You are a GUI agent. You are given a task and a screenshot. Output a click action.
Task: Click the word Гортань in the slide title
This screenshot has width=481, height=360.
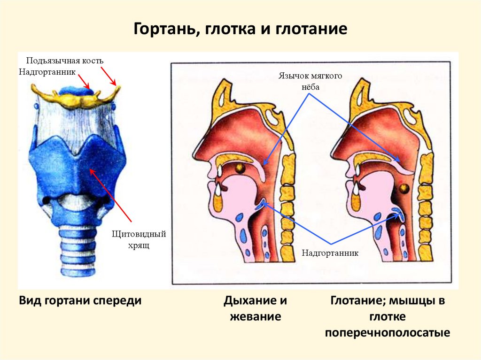(162, 30)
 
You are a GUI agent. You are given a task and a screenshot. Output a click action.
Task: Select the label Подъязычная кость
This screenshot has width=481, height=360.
(64, 61)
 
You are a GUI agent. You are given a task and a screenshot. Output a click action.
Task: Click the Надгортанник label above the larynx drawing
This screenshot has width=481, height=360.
(47, 71)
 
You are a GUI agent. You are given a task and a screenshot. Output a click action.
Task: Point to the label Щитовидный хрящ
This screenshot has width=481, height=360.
(140, 239)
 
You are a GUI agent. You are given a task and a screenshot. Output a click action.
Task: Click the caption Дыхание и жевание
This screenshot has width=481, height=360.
(255, 308)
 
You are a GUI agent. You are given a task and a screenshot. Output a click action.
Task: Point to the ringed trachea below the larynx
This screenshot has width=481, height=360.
(78, 249)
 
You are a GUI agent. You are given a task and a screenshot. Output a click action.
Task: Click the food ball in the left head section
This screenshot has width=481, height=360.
(240, 167)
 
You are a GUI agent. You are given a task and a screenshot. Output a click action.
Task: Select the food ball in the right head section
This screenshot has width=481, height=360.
(403, 189)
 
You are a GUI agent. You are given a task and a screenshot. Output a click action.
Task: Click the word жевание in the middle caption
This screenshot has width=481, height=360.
(255, 317)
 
